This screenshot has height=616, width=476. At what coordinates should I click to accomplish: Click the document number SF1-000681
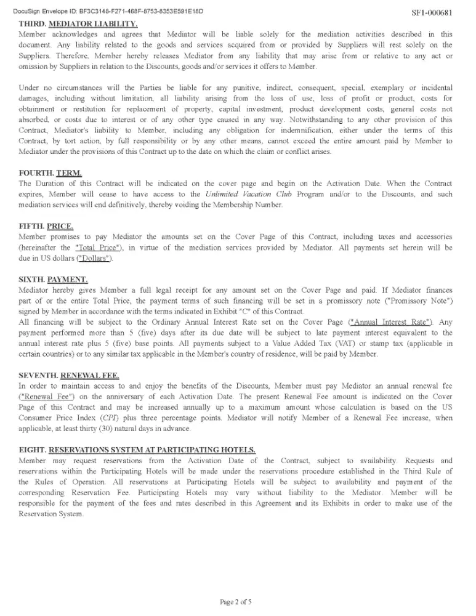coord(431,13)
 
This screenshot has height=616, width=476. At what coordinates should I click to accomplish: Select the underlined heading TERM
coord(69,174)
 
